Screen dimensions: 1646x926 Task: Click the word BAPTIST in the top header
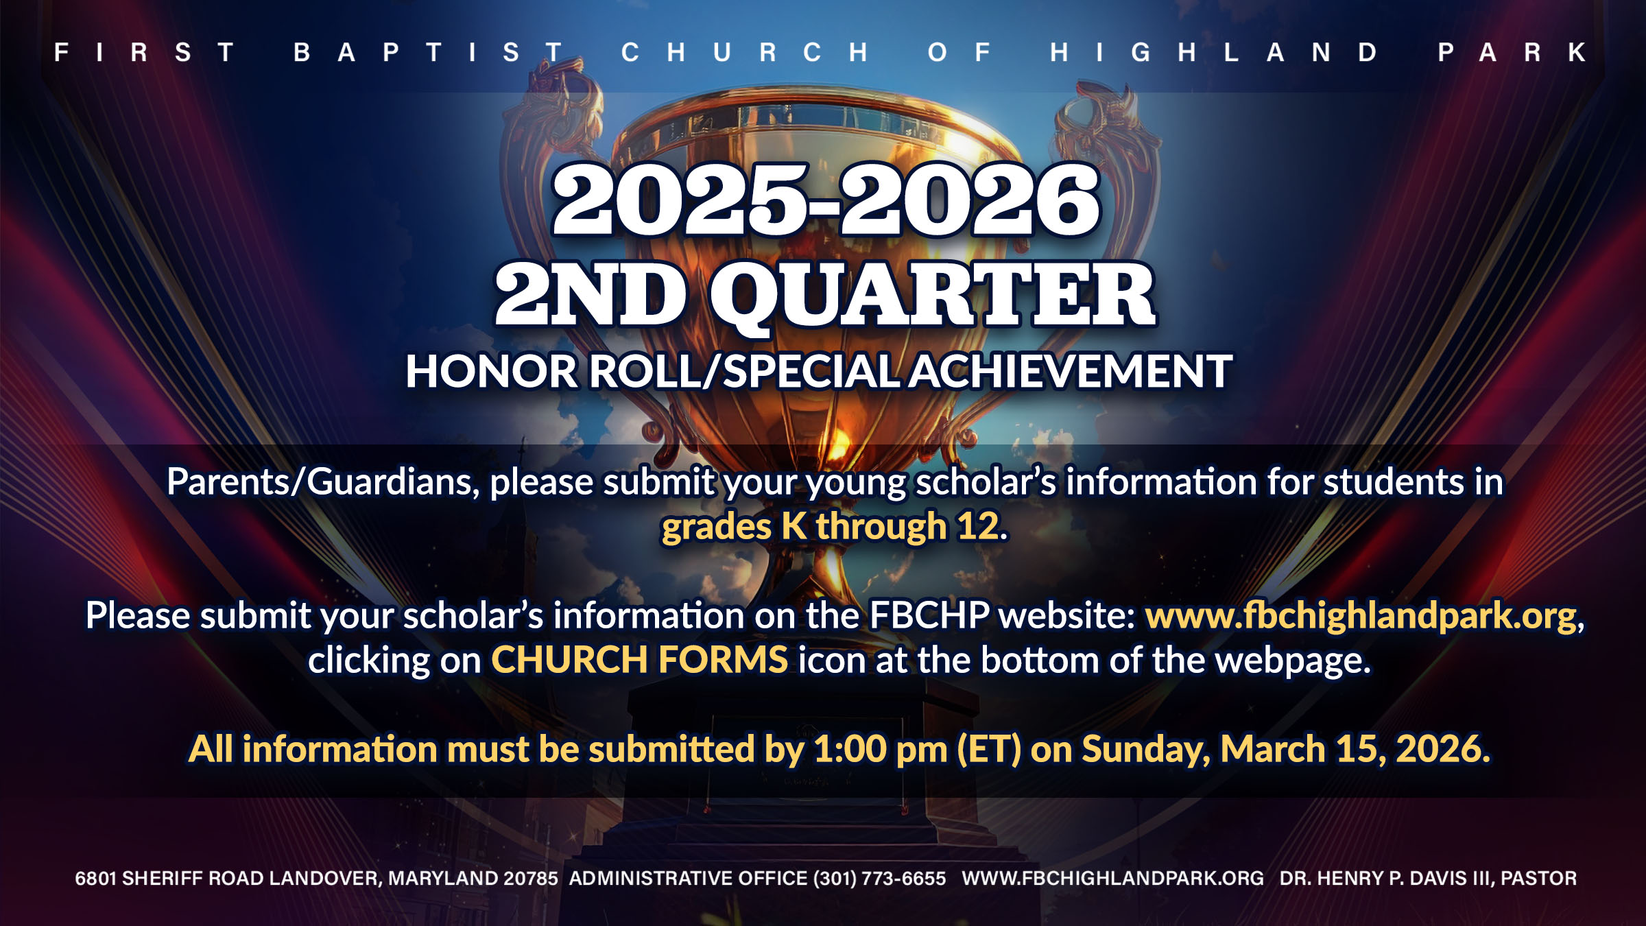(x=428, y=53)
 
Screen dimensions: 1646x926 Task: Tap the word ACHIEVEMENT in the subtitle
(x=1071, y=371)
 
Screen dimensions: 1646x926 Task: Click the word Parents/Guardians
(x=323, y=482)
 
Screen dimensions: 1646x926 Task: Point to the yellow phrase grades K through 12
(x=835, y=527)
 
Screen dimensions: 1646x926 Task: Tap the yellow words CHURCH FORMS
(x=639, y=660)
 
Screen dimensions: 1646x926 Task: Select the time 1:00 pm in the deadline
(x=881, y=749)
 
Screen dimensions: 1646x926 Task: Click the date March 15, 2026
(x=1355, y=749)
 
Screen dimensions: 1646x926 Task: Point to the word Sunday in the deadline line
(x=1146, y=749)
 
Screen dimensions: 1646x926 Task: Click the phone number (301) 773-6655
(x=879, y=879)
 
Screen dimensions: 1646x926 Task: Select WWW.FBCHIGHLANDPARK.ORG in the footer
(x=1112, y=879)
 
